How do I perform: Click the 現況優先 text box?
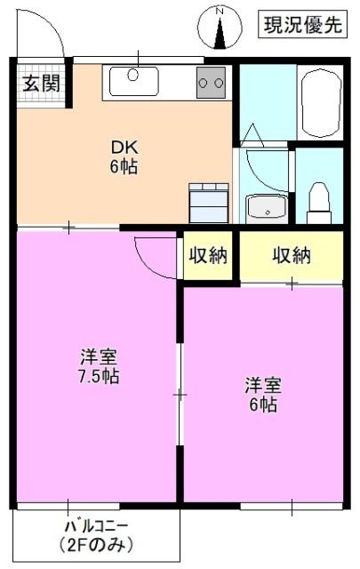[x=302, y=25]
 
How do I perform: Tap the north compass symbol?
[x=221, y=28]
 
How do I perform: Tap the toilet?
[x=318, y=202]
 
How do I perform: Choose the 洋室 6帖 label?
[x=263, y=396]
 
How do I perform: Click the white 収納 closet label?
[x=208, y=256]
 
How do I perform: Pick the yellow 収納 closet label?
[x=291, y=256]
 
